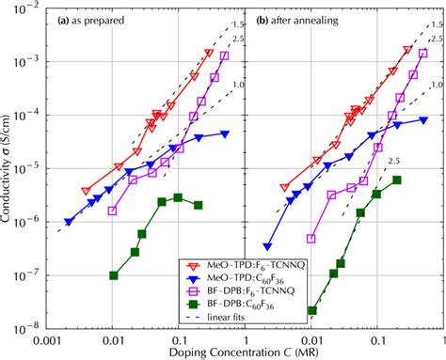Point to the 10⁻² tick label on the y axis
[x=31, y=8]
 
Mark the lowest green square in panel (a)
[x=113, y=275]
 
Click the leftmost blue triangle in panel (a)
[x=69, y=222]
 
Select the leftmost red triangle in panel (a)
[x=87, y=191]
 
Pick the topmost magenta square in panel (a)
[x=224, y=55]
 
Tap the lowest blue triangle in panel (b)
[x=267, y=247]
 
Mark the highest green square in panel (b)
[x=397, y=180]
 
